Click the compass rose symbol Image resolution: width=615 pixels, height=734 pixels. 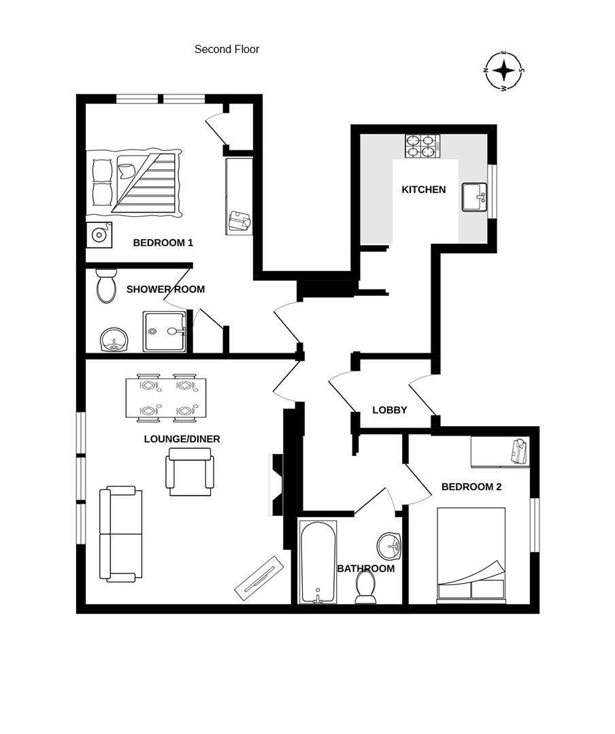tap(504, 71)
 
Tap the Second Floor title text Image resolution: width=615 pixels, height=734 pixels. tap(227, 49)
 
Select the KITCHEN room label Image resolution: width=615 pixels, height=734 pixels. tap(423, 190)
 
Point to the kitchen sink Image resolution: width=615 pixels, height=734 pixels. tap(475, 197)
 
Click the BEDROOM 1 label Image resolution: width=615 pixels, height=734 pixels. tap(163, 243)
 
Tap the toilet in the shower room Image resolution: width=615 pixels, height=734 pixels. tap(106, 286)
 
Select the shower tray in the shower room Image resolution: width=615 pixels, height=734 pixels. tap(164, 331)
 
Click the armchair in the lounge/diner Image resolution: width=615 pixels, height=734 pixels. tap(190, 474)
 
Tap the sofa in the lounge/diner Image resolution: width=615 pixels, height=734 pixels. tap(121, 534)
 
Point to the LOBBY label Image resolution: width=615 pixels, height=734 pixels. tap(390, 410)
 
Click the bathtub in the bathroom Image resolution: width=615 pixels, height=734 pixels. tap(318, 562)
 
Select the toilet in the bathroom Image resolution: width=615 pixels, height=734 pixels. tap(366, 587)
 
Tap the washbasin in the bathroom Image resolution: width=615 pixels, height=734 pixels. tap(390, 545)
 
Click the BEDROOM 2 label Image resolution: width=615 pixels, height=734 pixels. tap(471, 487)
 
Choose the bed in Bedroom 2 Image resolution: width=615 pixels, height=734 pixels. tap(471, 555)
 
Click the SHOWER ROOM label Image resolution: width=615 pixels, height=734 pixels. tap(165, 290)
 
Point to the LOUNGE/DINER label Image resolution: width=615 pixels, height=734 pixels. tap(182, 439)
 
